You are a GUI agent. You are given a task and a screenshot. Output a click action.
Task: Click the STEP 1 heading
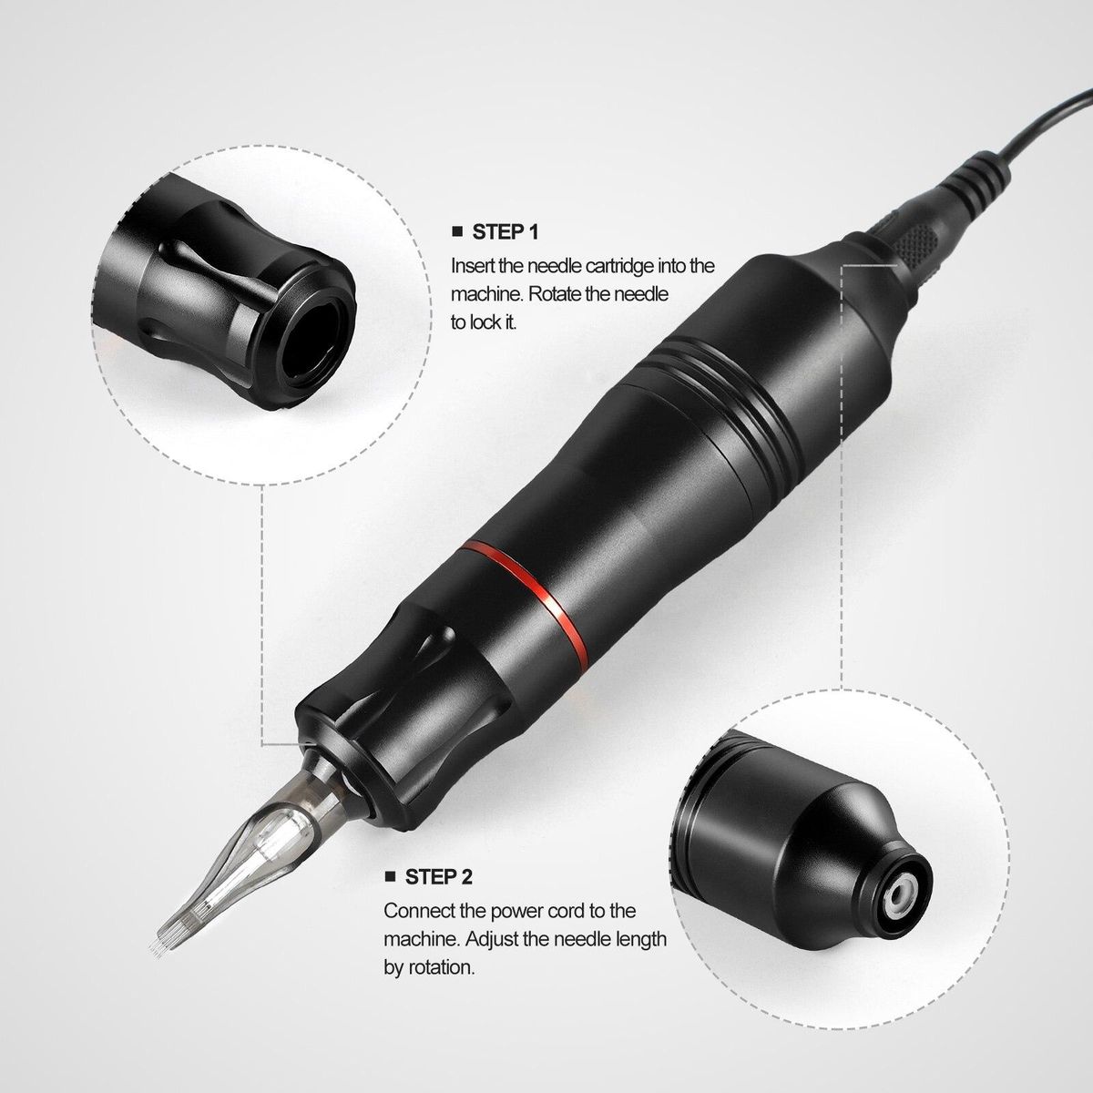point(505,232)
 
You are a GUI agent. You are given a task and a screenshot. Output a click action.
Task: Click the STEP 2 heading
point(438,877)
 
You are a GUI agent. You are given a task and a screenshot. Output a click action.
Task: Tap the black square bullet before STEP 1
point(457,231)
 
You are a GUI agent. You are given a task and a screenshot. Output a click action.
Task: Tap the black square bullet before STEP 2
point(390,876)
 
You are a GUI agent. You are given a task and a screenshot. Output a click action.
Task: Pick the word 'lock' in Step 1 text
point(485,322)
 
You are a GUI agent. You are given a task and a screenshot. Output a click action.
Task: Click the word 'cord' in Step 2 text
point(557,911)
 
